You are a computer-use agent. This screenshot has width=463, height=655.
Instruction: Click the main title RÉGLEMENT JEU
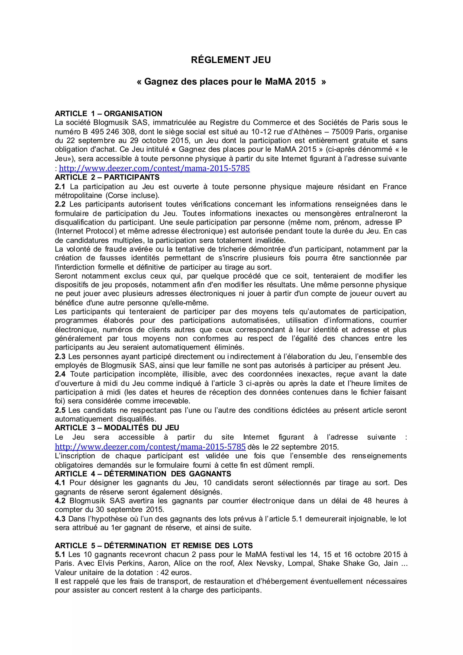(231, 60)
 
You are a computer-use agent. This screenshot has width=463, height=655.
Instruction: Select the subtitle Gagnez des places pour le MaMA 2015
(231, 82)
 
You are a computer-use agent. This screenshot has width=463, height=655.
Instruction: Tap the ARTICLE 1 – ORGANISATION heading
(108, 114)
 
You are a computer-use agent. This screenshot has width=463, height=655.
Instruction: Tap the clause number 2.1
(60, 187)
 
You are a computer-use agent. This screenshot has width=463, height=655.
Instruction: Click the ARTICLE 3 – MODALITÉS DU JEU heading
(117, 428)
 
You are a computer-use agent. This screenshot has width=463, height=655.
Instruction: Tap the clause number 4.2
(60, 501)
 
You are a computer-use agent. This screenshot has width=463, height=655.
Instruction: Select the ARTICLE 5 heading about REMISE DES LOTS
(154, 546)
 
